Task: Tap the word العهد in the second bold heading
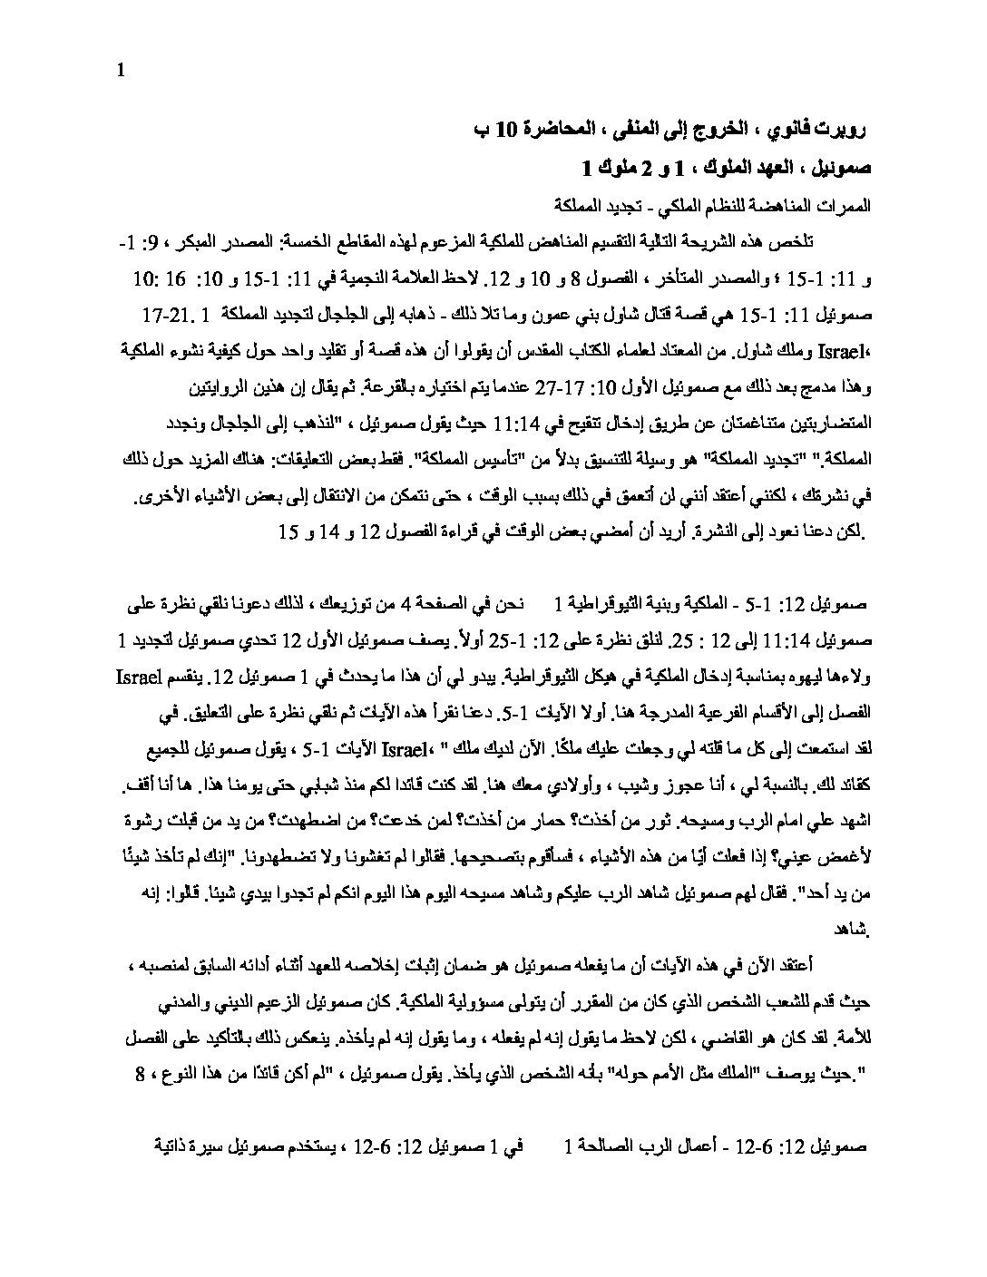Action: (x=743, y=168)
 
